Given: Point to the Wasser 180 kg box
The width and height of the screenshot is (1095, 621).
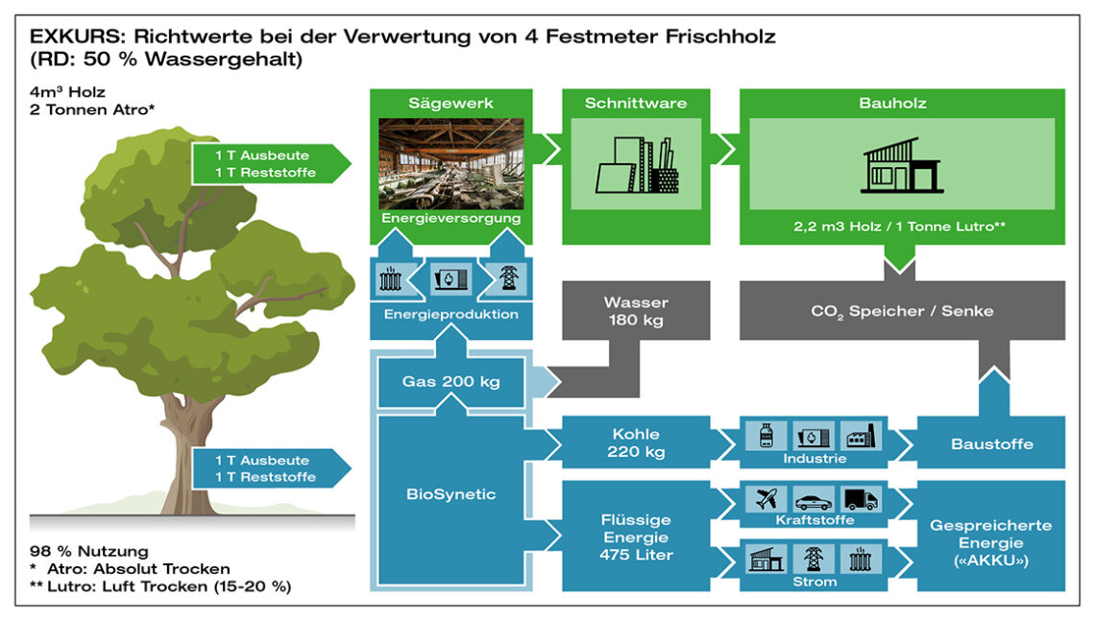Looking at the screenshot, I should pyautogui.click(x=635, y=311).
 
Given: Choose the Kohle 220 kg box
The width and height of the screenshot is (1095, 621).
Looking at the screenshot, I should pyautogui.click(x=636, y=443).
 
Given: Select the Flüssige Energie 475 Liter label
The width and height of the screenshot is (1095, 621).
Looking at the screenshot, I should pyautogui.click(x=635, y=537).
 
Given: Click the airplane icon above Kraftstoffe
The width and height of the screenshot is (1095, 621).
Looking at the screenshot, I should pyautogui.click(x=766, y=499).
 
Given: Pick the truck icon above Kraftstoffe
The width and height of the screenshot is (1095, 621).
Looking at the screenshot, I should pyautogui.click(x=861, y=499).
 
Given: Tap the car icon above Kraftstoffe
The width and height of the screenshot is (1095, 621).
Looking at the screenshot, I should pyautogui.click(x=814, y=500).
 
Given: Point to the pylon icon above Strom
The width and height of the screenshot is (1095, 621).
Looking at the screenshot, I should pyautogui.click(x=814, y=559).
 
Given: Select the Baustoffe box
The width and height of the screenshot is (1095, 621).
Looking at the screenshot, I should pyautogui.click(x=991, y=443).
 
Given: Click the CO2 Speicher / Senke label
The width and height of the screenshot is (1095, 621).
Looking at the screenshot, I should pyautogui.click(x=901, y=311).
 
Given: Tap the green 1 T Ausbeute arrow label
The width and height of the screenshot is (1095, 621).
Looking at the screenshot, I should pyautogui.click(x=266, y=162).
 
